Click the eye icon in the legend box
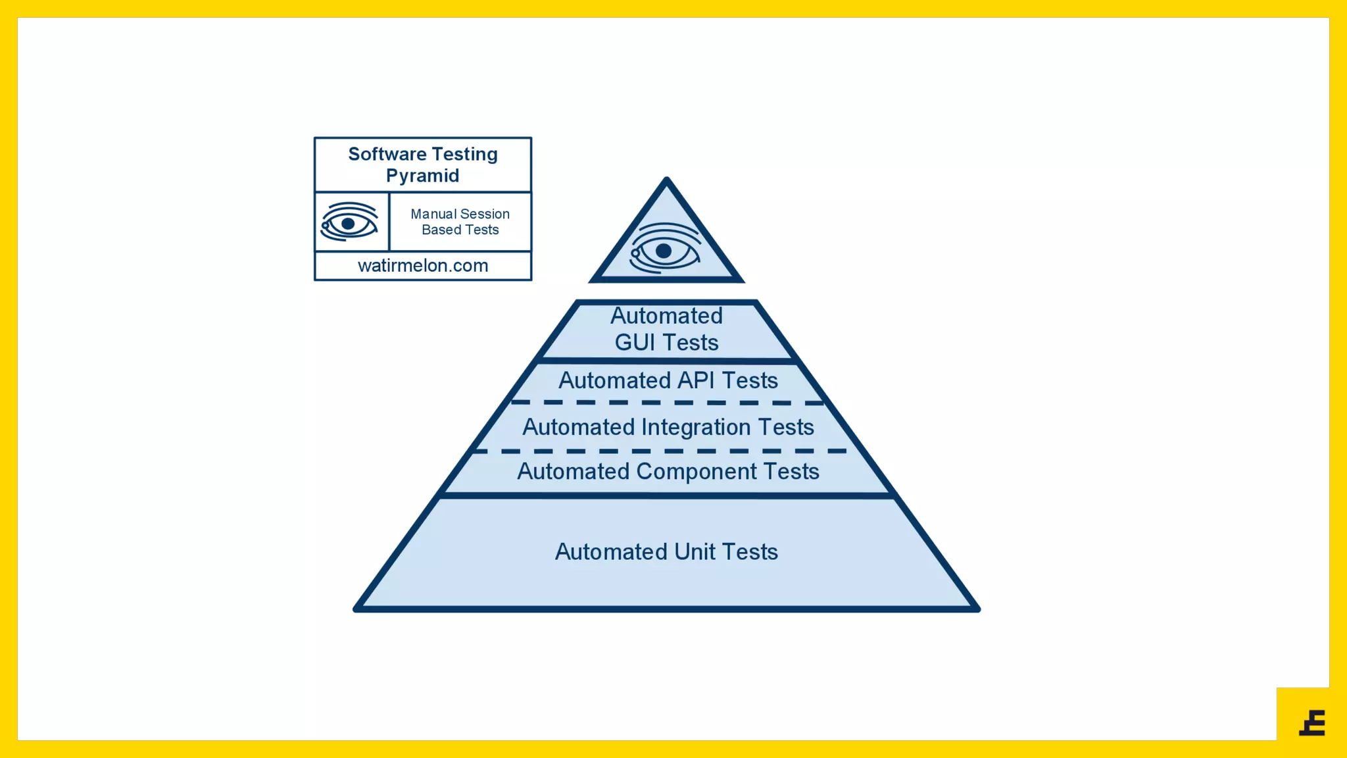point(349,222)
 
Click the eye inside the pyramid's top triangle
point(664,250)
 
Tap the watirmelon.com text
point(423,266)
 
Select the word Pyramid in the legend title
point(422,176)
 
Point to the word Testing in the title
point(464,154)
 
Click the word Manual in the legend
point(433,214)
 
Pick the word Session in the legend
point(485,214)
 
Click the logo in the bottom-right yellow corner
point(1312,722)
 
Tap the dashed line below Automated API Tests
point(667,402)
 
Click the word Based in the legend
point(441,230)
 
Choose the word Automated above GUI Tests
point(666,316)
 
